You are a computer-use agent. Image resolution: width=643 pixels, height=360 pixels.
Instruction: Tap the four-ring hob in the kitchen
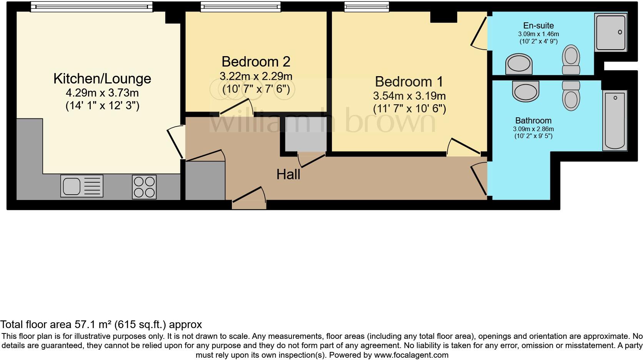coord(144,187)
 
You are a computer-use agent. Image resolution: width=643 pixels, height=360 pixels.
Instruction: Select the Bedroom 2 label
coord(256,62)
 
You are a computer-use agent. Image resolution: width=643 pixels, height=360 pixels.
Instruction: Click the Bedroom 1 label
coord(409,82)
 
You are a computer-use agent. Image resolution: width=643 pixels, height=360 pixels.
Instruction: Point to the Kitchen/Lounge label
coord(102,78)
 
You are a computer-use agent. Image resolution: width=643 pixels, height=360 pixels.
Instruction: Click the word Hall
coord(288,175)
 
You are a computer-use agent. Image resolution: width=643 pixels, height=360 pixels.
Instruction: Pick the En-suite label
coord(538,25)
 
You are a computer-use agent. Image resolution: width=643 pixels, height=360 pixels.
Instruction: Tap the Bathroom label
coord(533,120)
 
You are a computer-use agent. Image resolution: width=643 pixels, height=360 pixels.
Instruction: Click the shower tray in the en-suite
coord(610,32)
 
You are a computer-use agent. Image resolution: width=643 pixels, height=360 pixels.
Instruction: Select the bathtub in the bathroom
coord(615,120)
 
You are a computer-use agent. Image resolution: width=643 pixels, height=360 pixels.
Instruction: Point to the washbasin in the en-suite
coord(519,63)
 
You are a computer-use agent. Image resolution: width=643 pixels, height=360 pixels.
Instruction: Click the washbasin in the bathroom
coord(526,91)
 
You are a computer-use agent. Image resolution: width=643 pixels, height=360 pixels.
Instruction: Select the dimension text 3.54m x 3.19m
coord(409,96)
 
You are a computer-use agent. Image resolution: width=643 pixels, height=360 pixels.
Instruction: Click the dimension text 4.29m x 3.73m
coord(102,93)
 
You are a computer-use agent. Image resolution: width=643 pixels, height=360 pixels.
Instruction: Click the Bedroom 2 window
coord(240,7)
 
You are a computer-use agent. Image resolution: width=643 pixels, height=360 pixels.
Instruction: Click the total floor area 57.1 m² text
coord(101,325)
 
